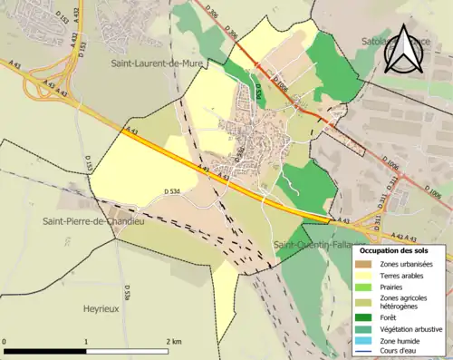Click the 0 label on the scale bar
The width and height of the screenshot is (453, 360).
coord(6,342)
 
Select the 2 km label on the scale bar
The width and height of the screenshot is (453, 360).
coord(172,342)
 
